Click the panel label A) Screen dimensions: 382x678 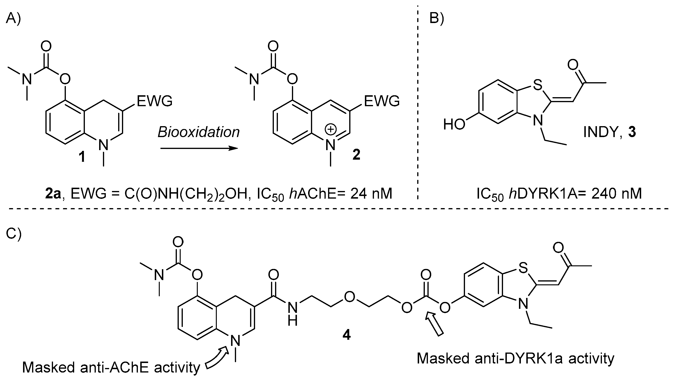pyautogui.click(x=13, y=19)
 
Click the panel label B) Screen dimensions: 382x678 pyautogui.click(x=437, y=19)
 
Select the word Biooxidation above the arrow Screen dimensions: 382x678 pyautogui.click(x=199, y=132)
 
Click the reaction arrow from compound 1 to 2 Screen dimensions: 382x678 pyautogui.click(x=199, y=149)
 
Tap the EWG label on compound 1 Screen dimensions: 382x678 pyautogui.click(x=155, y=101)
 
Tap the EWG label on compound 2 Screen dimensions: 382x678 pyautogui.click(x=382, y=101)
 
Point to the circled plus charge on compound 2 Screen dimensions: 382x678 pyautogui.click(x=331, y=129)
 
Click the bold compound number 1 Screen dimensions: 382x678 pyautogui.click(x=82, y=157)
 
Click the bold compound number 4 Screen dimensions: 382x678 pyautogui.click(x=347, y=335)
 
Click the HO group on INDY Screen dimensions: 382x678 pyautogui.click(x=454, y=124)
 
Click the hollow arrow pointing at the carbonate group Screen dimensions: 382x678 pyautogui.click(x=435, y=324)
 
